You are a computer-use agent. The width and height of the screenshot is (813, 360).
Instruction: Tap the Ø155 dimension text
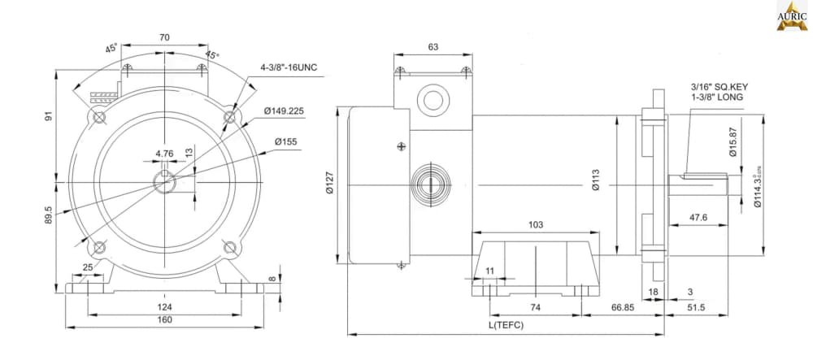coord(286,141)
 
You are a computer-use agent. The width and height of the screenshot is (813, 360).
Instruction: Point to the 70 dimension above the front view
coord(164,37)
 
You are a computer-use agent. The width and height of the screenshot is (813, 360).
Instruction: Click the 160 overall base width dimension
coord(164,319)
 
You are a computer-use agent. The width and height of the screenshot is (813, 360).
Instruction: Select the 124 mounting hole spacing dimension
coord(164,306)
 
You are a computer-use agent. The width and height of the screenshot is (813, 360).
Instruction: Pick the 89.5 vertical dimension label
coord(50,215)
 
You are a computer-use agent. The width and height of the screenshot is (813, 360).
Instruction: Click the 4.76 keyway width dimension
coord(164,153)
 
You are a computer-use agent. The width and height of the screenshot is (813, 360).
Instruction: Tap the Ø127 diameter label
coord(330,184)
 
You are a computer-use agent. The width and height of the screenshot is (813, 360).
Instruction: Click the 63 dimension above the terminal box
coord(433,47)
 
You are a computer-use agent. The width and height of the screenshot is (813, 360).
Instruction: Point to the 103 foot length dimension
coord(535,224)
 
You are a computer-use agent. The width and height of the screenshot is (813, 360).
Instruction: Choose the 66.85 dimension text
coord(623,307)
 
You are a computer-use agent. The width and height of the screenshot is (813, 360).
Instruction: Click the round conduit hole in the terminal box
coord(431,99)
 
